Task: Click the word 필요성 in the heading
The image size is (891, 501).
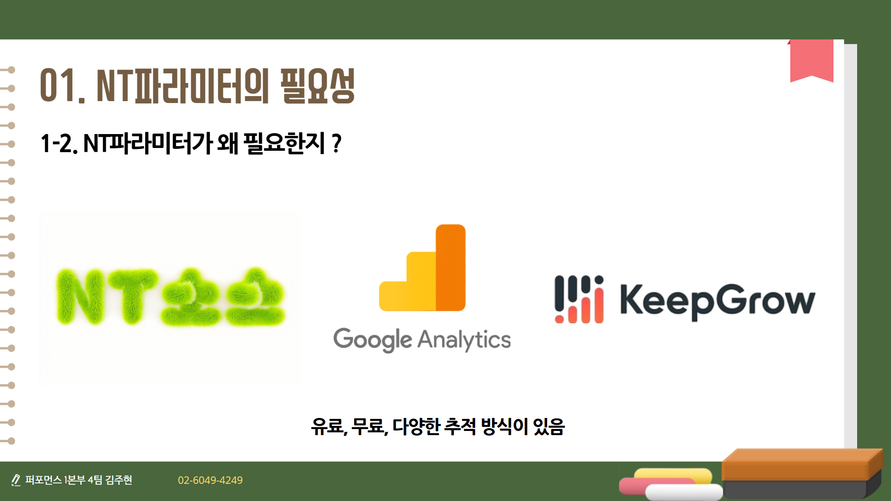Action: tap(317, 85)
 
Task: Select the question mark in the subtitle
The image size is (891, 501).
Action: tap(337, 143)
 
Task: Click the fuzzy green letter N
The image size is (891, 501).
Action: tap(80, 296)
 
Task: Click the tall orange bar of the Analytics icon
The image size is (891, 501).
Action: tap(450, 268)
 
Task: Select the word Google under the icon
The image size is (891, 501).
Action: tap(373, 340)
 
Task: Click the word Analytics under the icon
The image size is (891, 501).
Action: tap(464, 340)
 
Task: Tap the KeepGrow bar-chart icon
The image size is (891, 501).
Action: tap(579, 299)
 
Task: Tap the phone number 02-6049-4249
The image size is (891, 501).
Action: tap(210, 480)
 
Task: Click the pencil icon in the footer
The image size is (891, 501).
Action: tap(16, 480)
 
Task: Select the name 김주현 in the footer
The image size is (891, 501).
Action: tap(119, 480)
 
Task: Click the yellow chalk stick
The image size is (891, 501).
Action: tap(673, 475)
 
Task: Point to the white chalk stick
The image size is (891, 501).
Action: tap(684, 492)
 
